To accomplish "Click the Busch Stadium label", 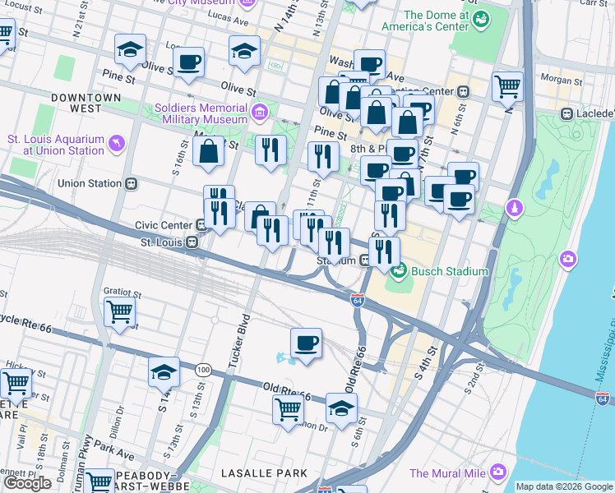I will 450,271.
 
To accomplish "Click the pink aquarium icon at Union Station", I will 115,145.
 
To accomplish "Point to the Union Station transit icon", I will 131,184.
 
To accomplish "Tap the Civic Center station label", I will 164,225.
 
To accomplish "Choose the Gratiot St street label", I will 123,292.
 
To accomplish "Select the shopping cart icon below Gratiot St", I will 120,312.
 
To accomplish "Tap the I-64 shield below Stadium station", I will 357,300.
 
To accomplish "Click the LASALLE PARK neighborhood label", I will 264,473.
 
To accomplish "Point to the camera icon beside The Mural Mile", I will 497,472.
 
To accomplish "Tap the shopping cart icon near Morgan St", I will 507,85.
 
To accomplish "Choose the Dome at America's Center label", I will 436,21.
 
